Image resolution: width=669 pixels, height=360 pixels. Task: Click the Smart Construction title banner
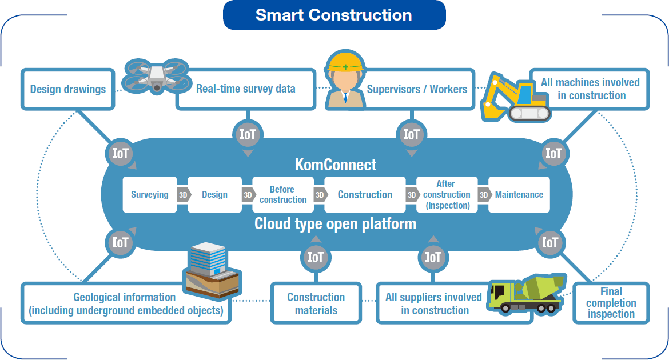point(334,15)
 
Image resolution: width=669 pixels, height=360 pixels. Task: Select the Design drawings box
point(68,89)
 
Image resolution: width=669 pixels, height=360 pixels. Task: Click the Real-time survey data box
point(246,89)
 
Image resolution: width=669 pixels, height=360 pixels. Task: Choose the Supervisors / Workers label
point(417,89)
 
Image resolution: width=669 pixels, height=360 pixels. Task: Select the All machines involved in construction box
point(590,89)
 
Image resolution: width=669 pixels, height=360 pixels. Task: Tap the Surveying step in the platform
point(149,195)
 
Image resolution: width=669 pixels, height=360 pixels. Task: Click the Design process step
point(214,195)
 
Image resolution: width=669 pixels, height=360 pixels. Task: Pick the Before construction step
point(283,195)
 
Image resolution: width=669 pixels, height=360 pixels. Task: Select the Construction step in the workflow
point(365,195)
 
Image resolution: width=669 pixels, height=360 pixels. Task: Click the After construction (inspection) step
point(447,195)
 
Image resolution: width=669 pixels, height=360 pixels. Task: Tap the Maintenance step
point(519,195)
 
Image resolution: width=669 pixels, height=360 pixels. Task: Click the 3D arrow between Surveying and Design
point(183,195)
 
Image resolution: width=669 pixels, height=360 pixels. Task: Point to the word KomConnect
point(336,165)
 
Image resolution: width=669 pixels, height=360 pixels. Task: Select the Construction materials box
point(316,303)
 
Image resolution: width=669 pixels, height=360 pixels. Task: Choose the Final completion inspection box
point(611,303)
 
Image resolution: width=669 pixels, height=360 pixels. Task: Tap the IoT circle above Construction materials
point(316,257)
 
